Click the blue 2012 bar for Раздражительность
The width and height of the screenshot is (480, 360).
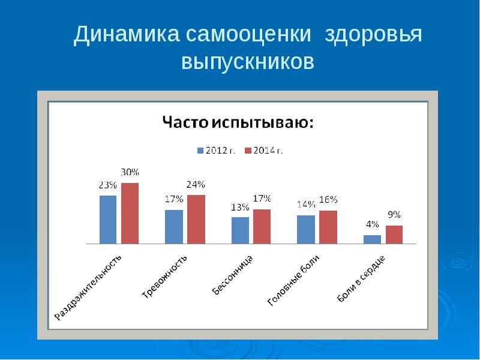tap(108, 220)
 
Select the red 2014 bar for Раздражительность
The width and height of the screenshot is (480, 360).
tap(130, 213)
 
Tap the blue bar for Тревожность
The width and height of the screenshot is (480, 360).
tap(174, 227)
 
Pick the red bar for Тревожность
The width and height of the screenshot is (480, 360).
tap(196, 219)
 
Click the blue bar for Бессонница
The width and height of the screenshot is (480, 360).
tap(240, 230)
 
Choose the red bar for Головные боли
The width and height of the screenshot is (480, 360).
tap(328, 227)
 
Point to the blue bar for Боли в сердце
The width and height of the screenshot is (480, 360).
tap(372, 239)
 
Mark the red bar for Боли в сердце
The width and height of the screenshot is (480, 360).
tap(394, 235)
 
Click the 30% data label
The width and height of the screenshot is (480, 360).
tap(130, 172)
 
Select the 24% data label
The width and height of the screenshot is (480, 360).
tap(196, 184)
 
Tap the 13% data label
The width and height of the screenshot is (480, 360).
tap(240, 207)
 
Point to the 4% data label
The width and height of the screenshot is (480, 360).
tap(372, 224)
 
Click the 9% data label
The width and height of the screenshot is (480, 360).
tap(394, 215)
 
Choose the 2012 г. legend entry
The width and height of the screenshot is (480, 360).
tap(216, 150)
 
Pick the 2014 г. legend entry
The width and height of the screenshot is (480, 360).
tap(264, 150)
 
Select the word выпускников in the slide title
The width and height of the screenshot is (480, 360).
tap(248, 61)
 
